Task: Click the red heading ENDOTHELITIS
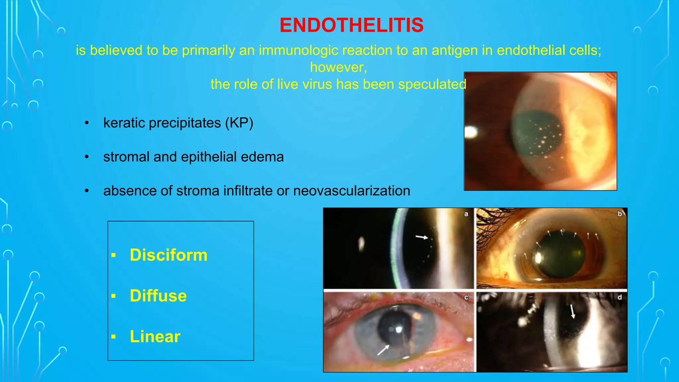[x=351, y=25]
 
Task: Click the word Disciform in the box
[x=168, y=255]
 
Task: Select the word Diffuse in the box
[x=158, y=296]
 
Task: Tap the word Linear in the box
[x=155, y=337]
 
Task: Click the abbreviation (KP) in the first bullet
[x=239, y=123]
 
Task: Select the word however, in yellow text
[x=339, y=67]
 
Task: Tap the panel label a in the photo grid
[x=466, y=214]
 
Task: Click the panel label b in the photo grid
[x=619, y=214]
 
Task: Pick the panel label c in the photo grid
[x=466, y=297]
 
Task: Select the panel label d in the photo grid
[x=619, y=297]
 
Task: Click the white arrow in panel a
[x=422, y=237]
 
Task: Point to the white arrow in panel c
[x=384, y=350]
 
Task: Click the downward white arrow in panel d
[x=573, y=312]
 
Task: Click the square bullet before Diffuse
[x=114, y=296]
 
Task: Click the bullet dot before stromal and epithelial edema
[x=87, y=157]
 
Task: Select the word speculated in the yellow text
[x=432, y=85]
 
